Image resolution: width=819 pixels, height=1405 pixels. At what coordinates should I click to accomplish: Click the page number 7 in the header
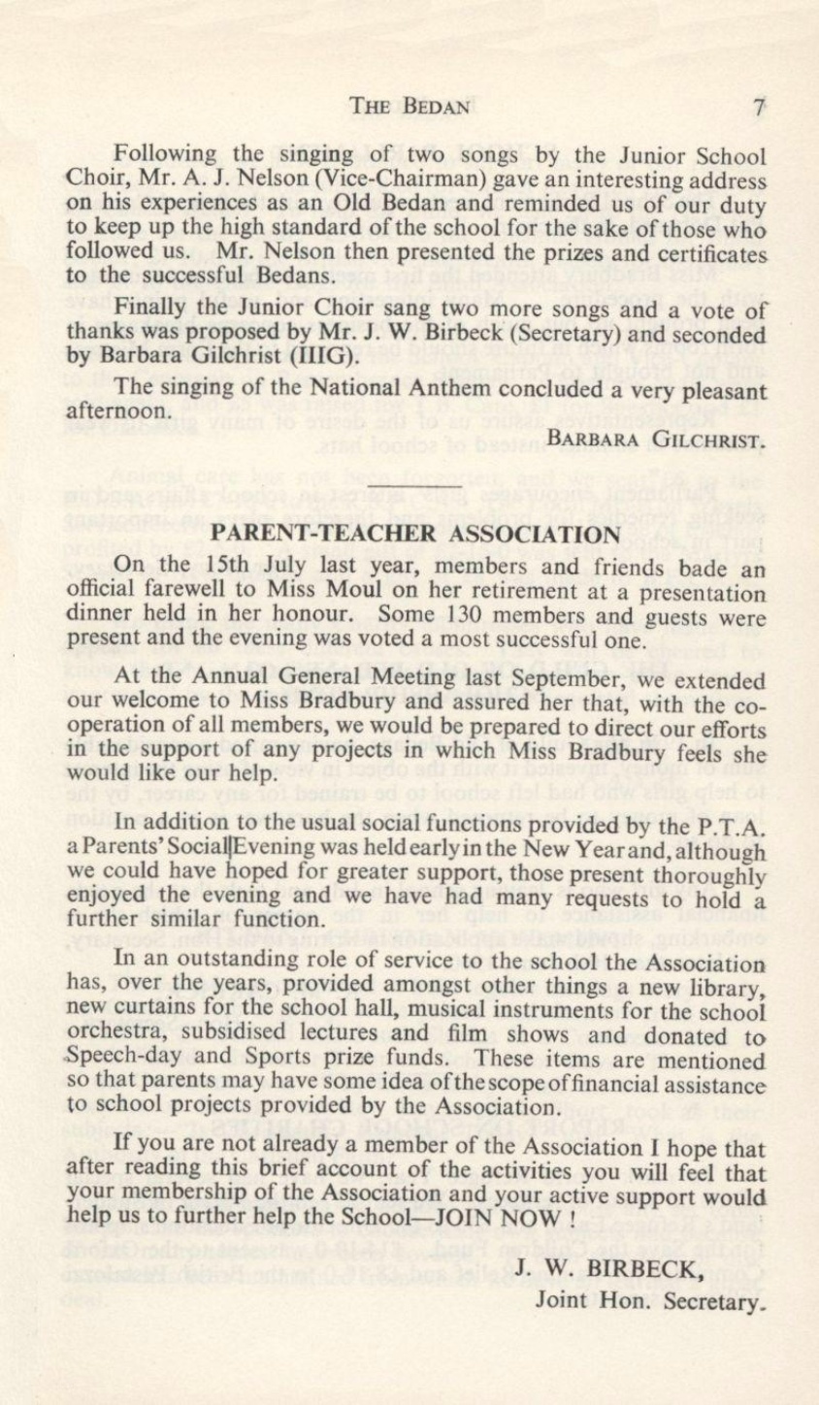click(760, 107)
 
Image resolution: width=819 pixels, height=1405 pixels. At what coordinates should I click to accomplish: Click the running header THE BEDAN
click(409, 107)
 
